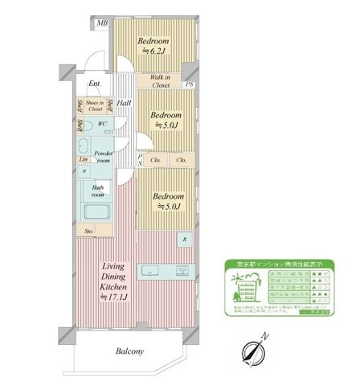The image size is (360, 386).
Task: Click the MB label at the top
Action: click(102, 24)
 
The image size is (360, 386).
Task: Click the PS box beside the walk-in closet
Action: click(189, 84)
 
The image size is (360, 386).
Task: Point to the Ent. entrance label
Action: click(95, 84)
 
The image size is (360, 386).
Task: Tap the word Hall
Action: click(125, 104)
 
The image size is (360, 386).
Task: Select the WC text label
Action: click(103, 124)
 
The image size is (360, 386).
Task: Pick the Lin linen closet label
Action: click(83, 158)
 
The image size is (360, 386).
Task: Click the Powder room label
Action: click(103, 156)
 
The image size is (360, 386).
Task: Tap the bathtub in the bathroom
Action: click(98, 214)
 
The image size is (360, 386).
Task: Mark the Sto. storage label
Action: click(88, 232)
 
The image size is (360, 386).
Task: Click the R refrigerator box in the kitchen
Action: click(185, 240)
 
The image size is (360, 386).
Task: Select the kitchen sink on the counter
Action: click(151, 270)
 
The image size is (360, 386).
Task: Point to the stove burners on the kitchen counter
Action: click(182, 270)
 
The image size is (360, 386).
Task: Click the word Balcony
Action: click(129, 351)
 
